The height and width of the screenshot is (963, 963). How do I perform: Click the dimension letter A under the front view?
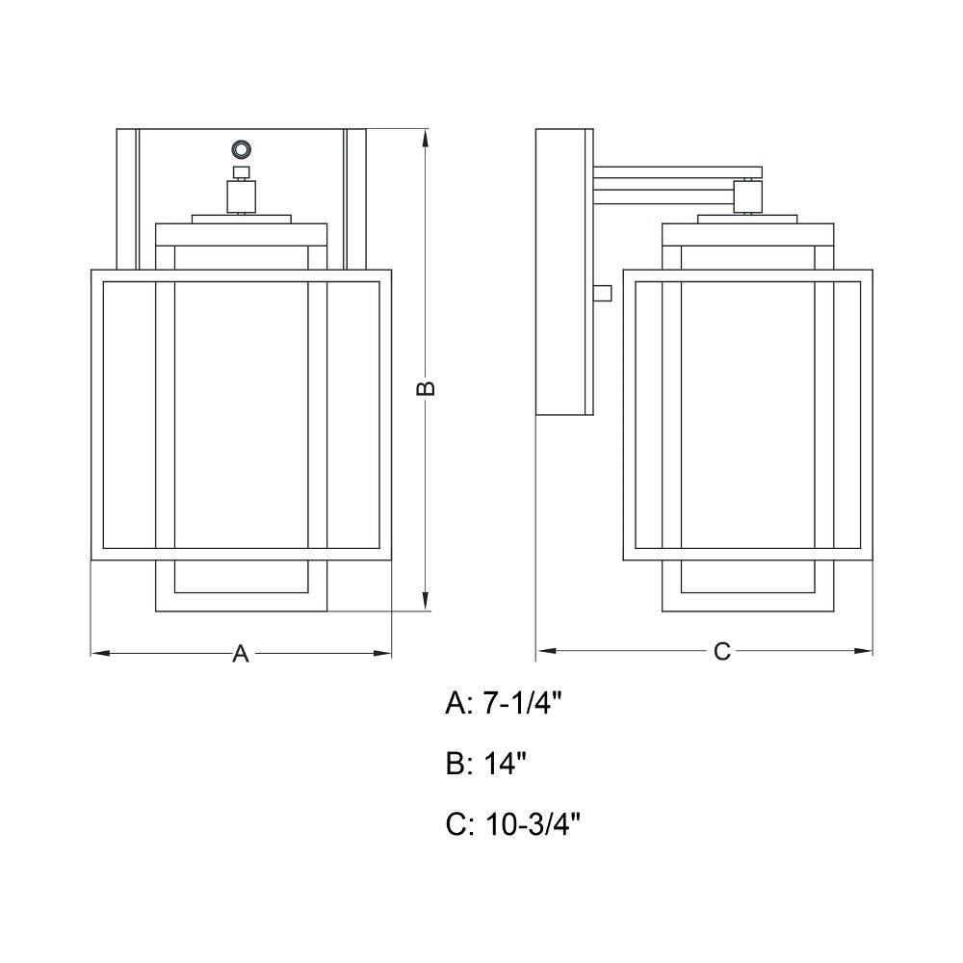pos(241,654)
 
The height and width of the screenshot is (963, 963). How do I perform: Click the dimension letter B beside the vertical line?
pos(427,388)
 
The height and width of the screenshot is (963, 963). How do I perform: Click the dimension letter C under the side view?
pos(722,652)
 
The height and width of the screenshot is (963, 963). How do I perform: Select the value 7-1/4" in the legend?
pos(523,703)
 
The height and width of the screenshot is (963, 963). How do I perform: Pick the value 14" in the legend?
pos(506,764)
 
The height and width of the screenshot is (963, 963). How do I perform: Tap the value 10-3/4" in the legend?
pos(533,824)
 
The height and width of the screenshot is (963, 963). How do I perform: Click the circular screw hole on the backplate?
pos(240,149)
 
